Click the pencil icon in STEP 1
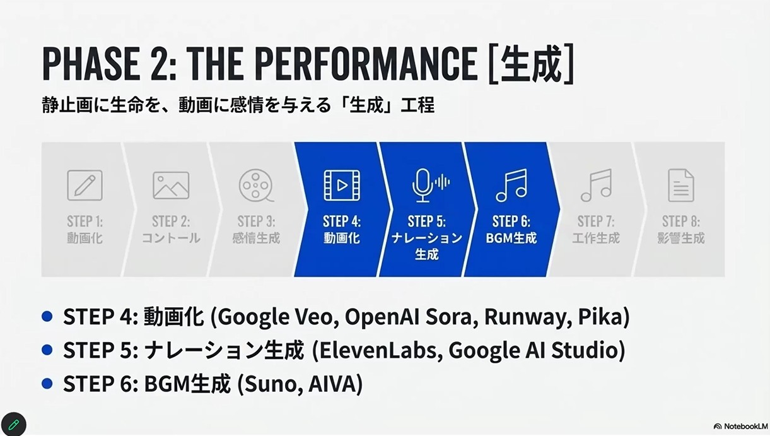coord(85,186)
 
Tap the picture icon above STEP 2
coord(171,186)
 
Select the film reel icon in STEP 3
coord(256,186)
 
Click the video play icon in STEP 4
coord(342,186)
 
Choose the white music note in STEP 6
coord(511,186)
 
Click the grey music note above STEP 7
coord(597,186)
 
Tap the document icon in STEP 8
coord(681,186)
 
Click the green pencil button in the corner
coord(13,424)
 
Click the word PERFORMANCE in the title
coord(367,64)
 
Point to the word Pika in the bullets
coord(604,316)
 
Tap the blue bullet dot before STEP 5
coord(47,350)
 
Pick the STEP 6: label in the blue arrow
coord(511,221)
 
